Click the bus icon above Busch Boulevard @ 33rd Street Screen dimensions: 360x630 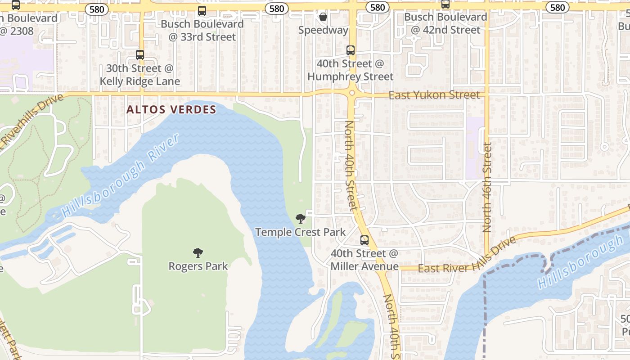(202, 11)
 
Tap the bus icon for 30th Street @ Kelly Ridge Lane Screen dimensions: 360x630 (140, 55)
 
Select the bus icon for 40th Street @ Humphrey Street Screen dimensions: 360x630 (351, 50)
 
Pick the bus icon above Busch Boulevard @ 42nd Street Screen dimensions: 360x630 (445, 4)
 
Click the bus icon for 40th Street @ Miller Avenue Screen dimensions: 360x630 (364, 240)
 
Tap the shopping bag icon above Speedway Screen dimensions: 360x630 (323, 17)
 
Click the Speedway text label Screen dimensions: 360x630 (323, 30)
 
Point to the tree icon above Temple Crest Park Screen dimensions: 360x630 (300, 219)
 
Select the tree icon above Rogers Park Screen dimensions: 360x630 (198, 253)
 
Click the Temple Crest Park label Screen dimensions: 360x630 (300, 232)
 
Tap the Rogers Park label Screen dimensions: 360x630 (198, 266)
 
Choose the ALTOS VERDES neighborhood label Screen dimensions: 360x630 (171, 109)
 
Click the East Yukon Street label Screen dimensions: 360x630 (434, 95)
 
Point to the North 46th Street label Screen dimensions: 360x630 (487, 187)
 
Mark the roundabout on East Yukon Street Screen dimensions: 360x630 (352, 93)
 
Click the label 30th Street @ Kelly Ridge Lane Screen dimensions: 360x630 (140, 75)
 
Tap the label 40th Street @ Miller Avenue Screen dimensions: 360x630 (364, 260)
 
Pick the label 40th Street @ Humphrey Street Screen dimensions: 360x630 (351, 70)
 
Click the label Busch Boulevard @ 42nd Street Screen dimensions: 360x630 (445, 23)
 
